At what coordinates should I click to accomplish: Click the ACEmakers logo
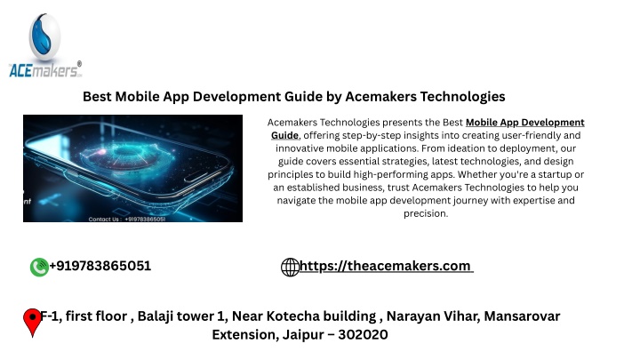tap(45, 45)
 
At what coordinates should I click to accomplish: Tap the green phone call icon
tap(39, 268)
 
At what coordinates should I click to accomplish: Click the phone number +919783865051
tap(100, 266)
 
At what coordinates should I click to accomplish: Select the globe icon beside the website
tap(290, 268)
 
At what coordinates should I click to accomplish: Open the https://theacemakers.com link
tap(386, 266)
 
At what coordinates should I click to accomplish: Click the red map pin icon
tap(32, 323)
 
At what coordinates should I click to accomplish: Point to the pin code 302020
tap(363, 335)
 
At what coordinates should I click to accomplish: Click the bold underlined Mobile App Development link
tap(525, 123)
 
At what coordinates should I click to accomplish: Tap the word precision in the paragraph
tap(425, 213)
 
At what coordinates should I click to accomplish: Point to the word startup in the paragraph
tap(556, 175)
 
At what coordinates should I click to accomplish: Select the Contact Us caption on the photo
tap(127, 220)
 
